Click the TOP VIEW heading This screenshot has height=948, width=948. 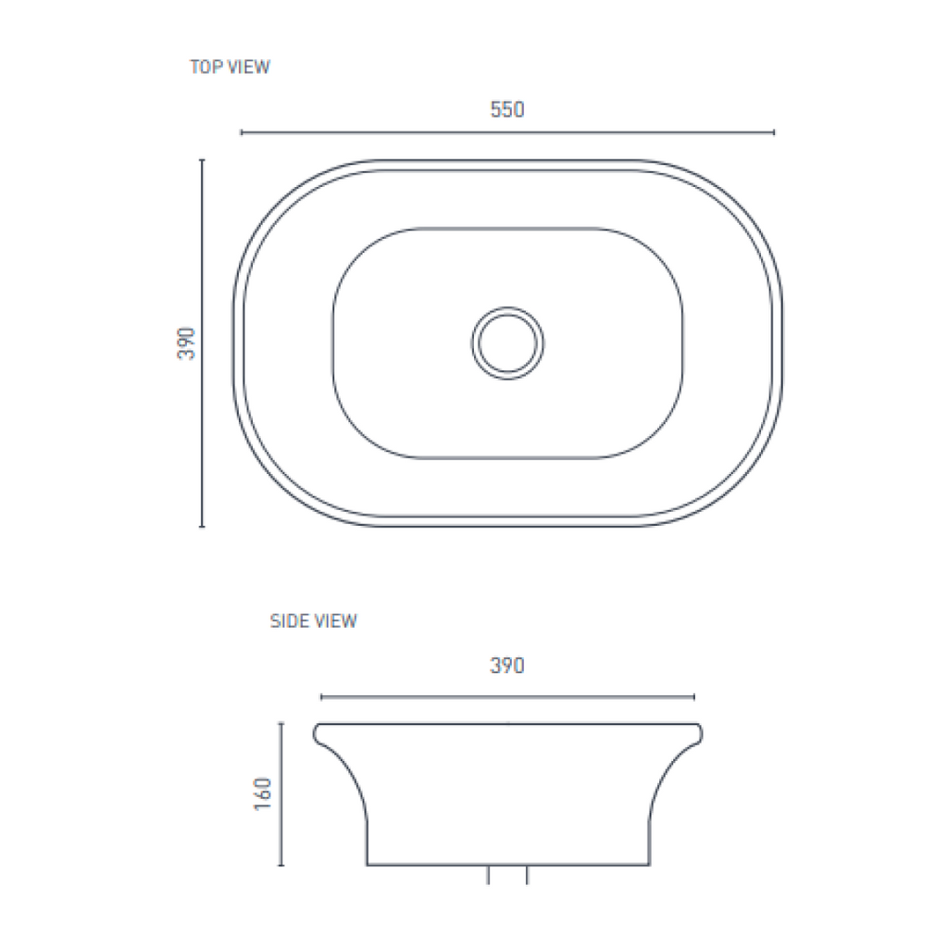click(x=230, y=67)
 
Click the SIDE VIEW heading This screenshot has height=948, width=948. click(x=313, y=621)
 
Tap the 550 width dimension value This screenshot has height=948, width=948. click(x=507, y=110)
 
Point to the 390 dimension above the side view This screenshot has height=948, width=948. click(x=507, y=666)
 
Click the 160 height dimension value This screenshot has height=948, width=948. click(x=263, y=794)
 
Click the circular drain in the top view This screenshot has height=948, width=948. click(x=508, y=343)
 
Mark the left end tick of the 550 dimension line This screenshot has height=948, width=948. click(x=242, y=132)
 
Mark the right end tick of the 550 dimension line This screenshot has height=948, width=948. click(x=774, y=132)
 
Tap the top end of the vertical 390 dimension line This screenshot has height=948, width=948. click(x=202, y=160)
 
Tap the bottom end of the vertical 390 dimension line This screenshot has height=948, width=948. click(x=202, y=526)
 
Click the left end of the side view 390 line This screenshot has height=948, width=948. click(x=321, y=696)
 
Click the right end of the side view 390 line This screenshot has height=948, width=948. click(x=694, y=696)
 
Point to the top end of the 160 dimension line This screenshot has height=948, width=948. click(x=281, y=724)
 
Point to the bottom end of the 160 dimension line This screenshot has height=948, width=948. click(x=281, y=866)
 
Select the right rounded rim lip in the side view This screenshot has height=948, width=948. click(x=697, y=733)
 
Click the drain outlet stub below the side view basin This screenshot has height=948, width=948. click(x=507, y=875)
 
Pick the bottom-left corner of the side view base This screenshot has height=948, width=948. click(x=368, y=865)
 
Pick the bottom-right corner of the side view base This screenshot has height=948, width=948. click(x=649, y=865)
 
